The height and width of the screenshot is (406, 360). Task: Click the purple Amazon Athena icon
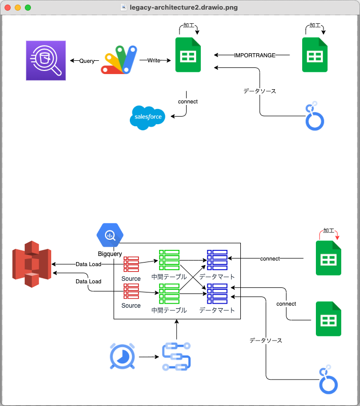click(x=46, y=60)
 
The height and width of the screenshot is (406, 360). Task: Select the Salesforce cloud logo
click(x=148, y=117)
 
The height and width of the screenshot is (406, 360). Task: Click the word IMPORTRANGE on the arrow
click(x=255, y=55)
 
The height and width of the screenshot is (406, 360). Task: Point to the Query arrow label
click(x=87, y=61)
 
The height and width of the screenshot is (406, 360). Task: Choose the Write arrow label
click(x=154, y=61)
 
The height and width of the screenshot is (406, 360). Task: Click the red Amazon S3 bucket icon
click(x=32, y=267)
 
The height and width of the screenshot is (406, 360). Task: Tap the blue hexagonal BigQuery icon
click(x=110, y=235)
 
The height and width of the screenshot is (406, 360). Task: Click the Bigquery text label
click(x=111, y=253)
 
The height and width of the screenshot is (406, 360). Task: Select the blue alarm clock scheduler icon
click(x=122, y=356)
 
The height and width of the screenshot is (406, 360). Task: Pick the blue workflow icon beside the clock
click(x=176, y=357)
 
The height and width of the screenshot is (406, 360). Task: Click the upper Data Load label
click(x=88, y=264)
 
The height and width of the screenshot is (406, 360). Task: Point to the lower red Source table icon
click(x=131, y=291)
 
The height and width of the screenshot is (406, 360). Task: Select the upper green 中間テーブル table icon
click(x=169, y=260)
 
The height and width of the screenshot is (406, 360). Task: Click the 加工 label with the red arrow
click(x=329, y=231)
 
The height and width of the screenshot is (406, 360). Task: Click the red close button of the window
click(x=8, y=8)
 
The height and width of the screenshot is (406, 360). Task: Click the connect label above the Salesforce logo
click(x=188, y=101)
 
